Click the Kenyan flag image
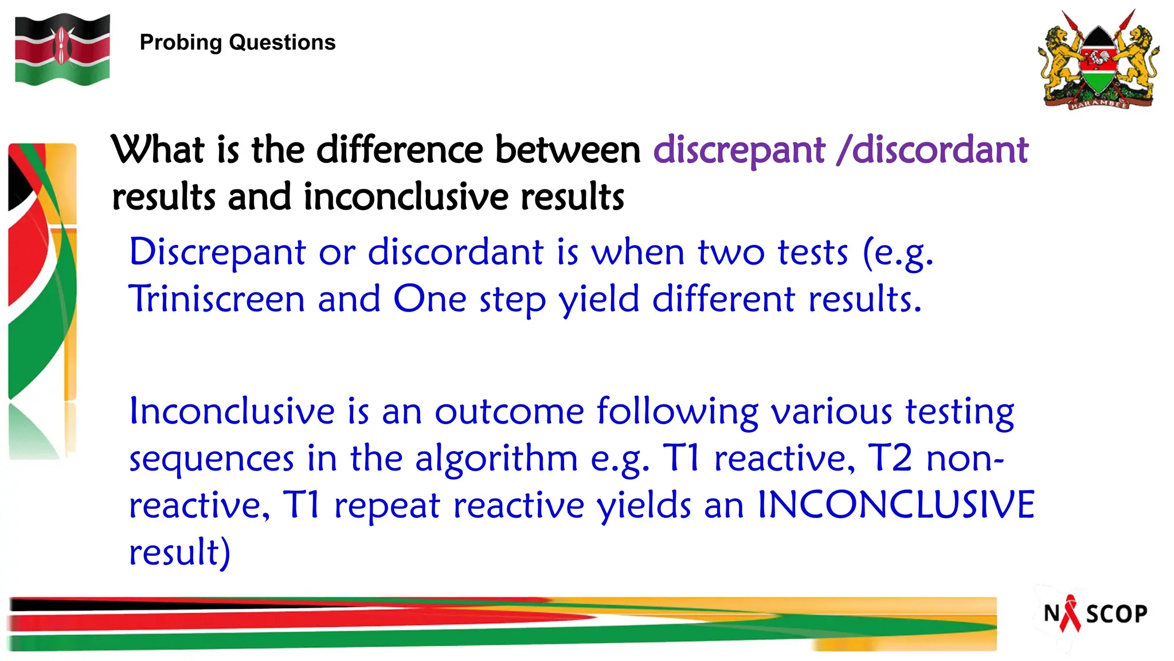[x=62, y=50]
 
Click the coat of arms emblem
[x=1098, y=60]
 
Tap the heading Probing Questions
[x=237, y=42]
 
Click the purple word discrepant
[x=739, y=150]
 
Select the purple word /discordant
[x=932, y=150]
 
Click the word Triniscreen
[x=217, y=299]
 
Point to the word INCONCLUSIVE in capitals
[x=896, y=505]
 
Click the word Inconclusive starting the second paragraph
[x=232, y=411]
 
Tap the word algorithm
[x=496, y=459]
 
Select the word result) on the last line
[x=179, y=553]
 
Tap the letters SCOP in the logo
[x=1116, y=615]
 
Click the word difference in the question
[x=399, y=150]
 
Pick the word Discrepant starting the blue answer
[x=217, y=252]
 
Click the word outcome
[x=509, y=412]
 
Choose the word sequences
[x=212, y=459]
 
